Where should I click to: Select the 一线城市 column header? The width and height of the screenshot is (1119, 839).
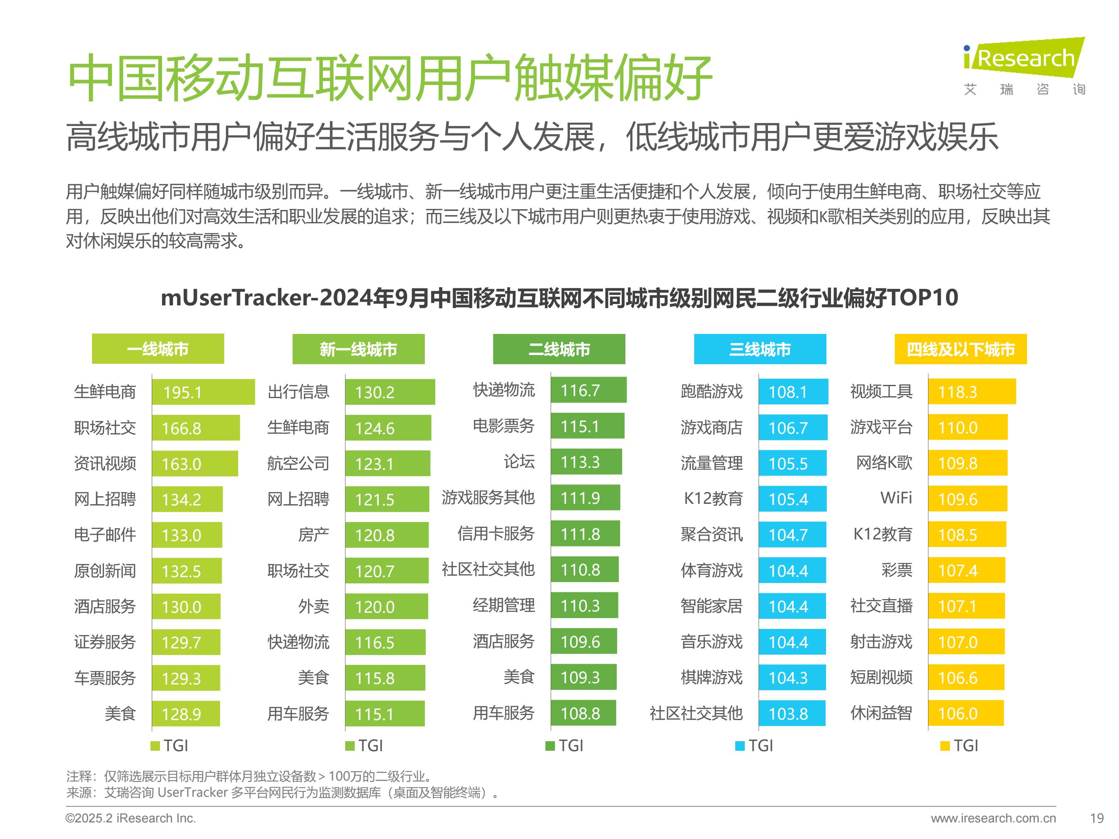pos(158,349)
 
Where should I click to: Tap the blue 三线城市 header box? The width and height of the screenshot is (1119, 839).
pos(760,349)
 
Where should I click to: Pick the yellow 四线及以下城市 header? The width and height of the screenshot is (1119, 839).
pos(960,349)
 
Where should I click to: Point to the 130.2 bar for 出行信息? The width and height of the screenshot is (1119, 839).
pos(390,392)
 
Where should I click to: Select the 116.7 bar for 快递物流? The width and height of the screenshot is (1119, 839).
pos(589,390)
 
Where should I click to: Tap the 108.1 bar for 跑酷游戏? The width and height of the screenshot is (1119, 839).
pos(793,392)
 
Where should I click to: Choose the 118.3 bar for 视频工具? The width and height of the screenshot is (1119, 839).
pos(971,392)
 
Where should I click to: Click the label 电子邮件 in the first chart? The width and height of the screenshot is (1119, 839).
pos(105,534)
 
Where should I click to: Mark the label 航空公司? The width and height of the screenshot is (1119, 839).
pos(298,463)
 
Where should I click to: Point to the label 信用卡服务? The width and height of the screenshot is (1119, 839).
pos(496,534)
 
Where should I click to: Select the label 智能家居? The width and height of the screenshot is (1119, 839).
pos(711,606)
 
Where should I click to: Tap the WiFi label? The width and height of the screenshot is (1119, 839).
pos(896,498)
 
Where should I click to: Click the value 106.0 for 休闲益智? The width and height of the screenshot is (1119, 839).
pos(958,713)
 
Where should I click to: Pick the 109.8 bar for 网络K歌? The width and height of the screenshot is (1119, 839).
pos(967,463)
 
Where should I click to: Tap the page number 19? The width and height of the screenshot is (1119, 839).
pos(1096,818)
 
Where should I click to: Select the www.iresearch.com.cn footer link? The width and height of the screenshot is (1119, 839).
pos(993,818)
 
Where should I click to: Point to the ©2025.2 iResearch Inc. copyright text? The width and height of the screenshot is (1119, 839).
pos(131,818)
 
